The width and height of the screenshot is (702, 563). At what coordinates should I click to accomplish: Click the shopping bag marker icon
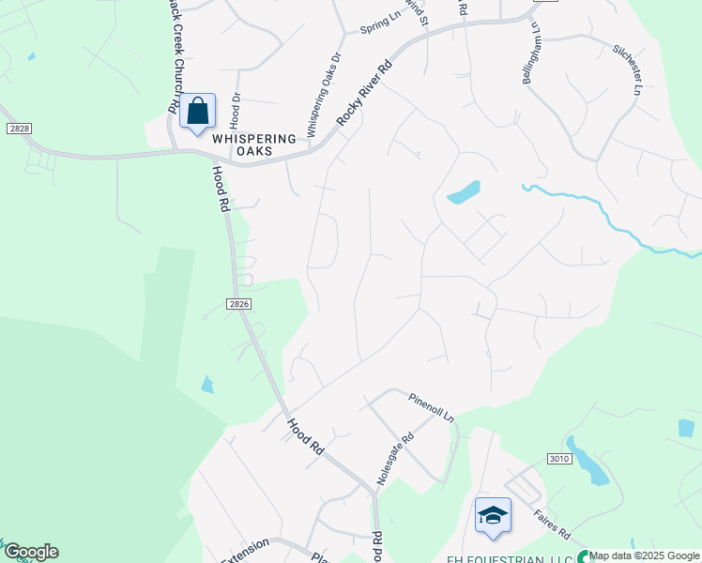(198, 112)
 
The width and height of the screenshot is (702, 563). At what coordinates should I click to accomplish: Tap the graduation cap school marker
(493, 515)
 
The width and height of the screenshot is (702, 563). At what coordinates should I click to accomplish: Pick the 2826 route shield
(238, 303)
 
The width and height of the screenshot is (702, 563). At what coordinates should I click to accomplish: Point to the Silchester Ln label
(626, 72)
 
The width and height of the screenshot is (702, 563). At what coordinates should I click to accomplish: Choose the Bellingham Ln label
(532, 53)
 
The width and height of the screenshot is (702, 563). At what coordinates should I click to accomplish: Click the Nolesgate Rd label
(395, 458)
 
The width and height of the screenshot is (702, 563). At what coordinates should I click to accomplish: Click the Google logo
(30, 552)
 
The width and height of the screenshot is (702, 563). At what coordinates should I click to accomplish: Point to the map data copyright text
(645, 556)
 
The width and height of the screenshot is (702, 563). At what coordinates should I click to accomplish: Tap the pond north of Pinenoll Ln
(464, 191)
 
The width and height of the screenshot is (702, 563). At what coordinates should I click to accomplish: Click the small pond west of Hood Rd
(206, 384)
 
